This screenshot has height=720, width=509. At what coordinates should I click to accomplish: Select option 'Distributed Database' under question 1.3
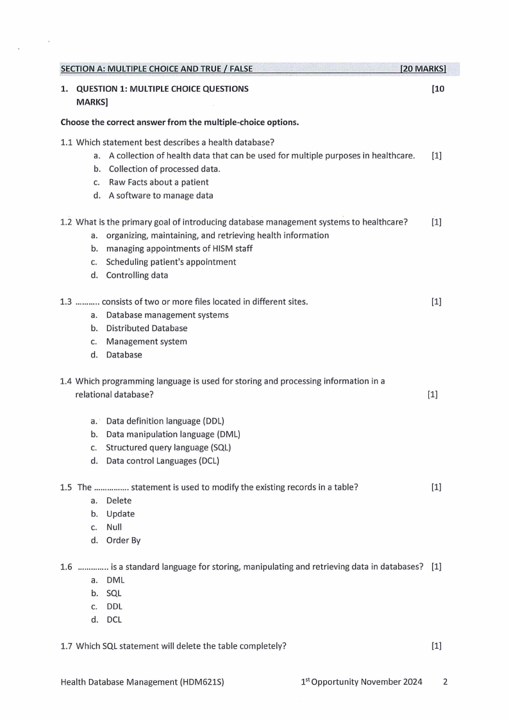tap(147, 328)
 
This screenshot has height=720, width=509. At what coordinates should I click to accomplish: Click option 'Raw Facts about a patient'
tap(158, 182)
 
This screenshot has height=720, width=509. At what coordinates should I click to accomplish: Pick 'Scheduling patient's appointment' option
tap(171, 262)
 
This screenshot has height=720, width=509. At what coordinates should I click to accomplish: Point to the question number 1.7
tap(67, 646)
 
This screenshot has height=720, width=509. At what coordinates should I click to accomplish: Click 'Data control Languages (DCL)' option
tap(163, 461)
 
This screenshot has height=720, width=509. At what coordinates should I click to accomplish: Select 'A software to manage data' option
tap(161, 196)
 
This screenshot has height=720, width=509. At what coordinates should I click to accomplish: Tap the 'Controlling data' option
tap(137, 275)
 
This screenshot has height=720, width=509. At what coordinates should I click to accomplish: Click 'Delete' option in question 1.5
tap(119, 501)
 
